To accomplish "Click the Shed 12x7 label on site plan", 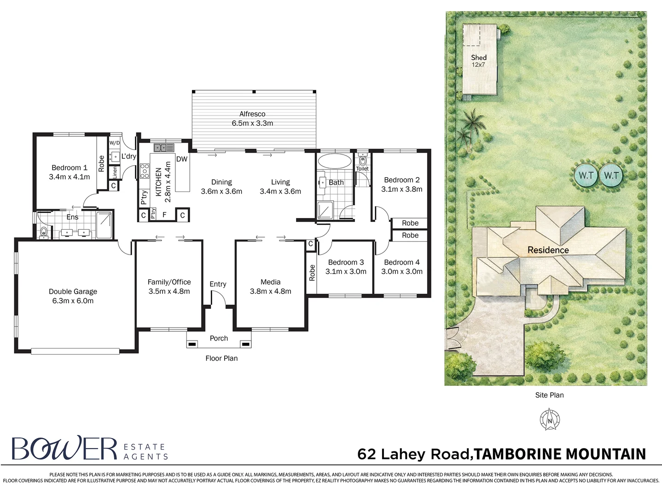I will [478, 61].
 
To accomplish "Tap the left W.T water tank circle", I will [586, 175].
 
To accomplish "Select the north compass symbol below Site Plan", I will [549, 420].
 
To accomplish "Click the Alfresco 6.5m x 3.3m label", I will [252, 119].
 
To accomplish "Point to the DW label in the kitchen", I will [182, 159].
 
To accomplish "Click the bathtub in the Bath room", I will [334, 161].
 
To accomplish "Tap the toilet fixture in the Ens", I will [44, 232].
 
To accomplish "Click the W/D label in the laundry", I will [115, 143].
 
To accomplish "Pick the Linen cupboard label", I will [115, 172].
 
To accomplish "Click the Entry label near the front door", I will [218, 284].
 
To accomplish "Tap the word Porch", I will [219, 338].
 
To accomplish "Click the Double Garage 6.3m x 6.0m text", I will [73, 296].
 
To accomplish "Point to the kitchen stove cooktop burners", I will [145, 171].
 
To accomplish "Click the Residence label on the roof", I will [548, 250].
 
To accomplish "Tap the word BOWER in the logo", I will [64, 449].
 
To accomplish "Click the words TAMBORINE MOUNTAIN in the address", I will [560, 454].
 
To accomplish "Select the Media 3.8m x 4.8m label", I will [270, 286].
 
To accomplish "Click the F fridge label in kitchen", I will [164, 215].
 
